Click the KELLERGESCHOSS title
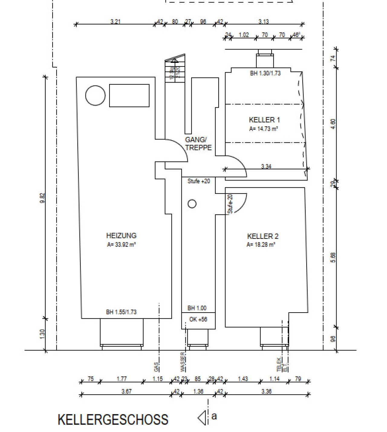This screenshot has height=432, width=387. [113, 420]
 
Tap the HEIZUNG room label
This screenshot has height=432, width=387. [121, 235]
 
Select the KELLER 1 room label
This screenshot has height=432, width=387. [264, 120]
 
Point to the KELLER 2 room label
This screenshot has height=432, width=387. [262, 236]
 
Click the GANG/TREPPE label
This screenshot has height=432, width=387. [198, 144]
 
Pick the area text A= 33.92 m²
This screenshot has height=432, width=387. [121, 245]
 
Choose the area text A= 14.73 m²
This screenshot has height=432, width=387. [263, 129]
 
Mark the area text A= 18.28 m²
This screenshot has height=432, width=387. [261, 245]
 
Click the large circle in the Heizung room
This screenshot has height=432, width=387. [96, 96]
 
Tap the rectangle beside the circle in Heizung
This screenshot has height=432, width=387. [129, 96]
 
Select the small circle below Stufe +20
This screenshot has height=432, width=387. [192, 204]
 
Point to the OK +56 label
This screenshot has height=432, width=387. [198, 319]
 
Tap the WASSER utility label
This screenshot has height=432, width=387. [183, 362]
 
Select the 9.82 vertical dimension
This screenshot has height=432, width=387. [43, 198]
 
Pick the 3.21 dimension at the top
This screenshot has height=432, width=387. [115, 22]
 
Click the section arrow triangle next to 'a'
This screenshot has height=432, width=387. [202, 418]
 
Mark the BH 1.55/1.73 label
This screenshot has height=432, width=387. [121, 312]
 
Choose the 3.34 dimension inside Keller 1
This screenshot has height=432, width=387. [266, 166]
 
